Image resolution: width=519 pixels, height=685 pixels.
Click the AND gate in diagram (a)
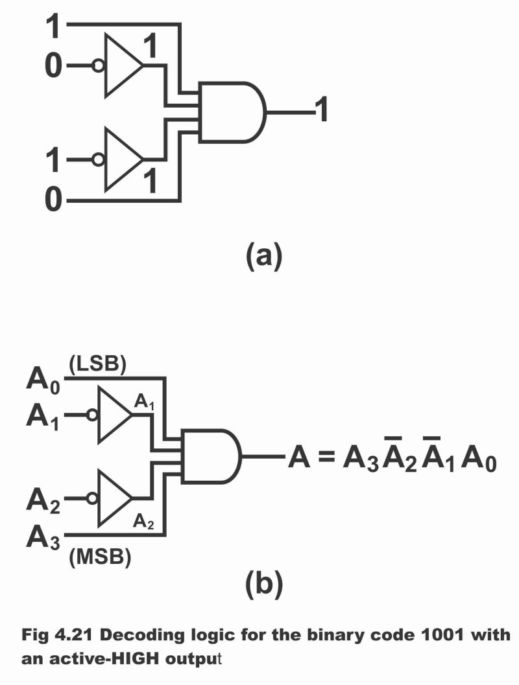click(x=230, y=112)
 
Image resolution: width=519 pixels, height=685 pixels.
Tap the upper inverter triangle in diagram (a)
click(x=123, y=65)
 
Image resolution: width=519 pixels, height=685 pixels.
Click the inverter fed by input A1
click(x=114, y=415)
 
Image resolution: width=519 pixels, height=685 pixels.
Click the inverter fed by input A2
click(x=114, y=498)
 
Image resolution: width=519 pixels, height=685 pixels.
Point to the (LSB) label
click(x=97, y=366)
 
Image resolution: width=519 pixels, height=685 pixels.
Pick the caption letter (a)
click(x=263, y=257)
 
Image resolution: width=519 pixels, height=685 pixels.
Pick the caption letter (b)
click(x=263, y=585)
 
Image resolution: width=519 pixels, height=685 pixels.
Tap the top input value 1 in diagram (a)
click(x=54, y=27)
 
